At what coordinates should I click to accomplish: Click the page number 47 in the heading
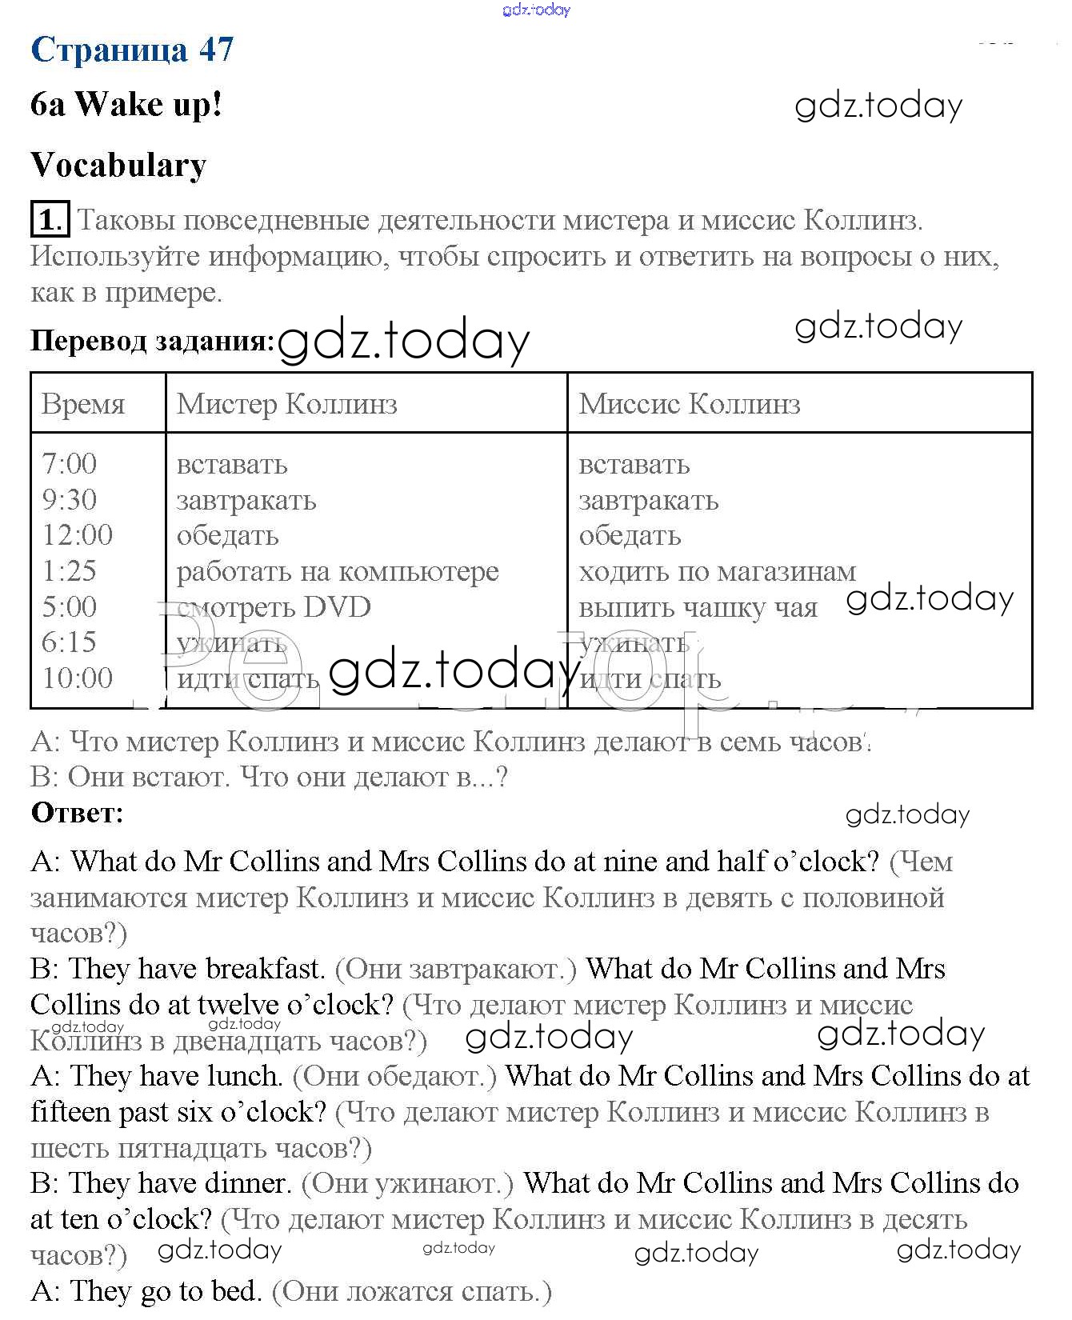(216, 50)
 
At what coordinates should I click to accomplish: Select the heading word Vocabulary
(118, 165)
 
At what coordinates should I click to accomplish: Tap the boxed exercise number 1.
(50, 219)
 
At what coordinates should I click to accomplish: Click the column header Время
(83, 404)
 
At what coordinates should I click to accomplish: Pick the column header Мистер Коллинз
(286, 404)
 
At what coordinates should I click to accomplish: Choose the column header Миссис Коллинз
(689, 404)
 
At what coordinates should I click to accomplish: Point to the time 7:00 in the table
(70, 464)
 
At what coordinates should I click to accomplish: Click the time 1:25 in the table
(70, 571)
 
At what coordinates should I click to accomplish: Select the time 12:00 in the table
(78, 535)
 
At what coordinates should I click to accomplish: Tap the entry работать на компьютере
(337, 571)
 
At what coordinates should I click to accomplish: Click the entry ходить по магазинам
(717, 571)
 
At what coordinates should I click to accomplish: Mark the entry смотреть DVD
(274, 607)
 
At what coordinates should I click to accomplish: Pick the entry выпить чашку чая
(698, 608)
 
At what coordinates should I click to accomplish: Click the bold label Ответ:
(78, 813)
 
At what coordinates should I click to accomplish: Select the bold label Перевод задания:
(152, 341)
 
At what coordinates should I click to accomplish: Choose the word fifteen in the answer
(70, 1112)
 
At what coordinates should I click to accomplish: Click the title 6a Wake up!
(126, 104)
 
